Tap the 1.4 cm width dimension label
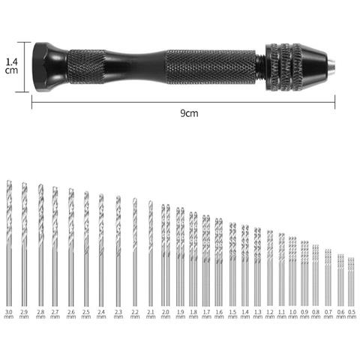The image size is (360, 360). click(10, 66)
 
